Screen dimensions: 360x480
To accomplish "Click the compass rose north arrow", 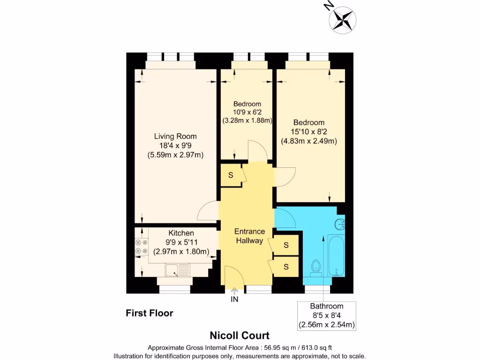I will [x=342, y=18].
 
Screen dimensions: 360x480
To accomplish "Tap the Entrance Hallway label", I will [x=249, y=236].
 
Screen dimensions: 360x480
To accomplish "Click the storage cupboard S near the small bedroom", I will [x=231, y=175].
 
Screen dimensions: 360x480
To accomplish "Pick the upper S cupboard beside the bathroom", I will [x=286, y=245].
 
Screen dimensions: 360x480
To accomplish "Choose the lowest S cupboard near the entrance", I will [x=286, y=267].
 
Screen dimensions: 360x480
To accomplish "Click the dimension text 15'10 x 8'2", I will [x=309, y=132].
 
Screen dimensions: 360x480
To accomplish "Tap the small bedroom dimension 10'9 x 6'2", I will [x=247, y=112].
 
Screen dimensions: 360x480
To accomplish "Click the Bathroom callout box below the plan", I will [x=326, y=315].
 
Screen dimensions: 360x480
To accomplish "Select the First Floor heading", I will [x=150, y=313].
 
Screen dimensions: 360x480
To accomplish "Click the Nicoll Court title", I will [x=239, y=336].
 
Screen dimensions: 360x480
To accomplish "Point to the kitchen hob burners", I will [x=141, y=247].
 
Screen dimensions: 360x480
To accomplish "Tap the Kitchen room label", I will [x=181, y=233].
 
